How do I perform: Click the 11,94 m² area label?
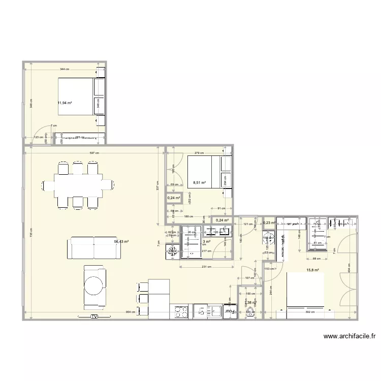pyautogui.click(x=65, y=103)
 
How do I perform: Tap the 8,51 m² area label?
pyautogui.click(x=199, y=183)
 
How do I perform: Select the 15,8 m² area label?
pyautogui.click(x=312, y=270)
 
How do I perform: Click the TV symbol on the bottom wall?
pyautogui.click(x=94, y=317)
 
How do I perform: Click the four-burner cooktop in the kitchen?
pyautogui.click(x=181, y=311)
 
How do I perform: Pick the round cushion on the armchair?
pyautogui.click(x=95, y=285)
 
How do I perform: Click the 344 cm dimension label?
pyautogui.click(x=65, y=69)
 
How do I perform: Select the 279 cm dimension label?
pyautogui.click(x=199, y=153)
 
